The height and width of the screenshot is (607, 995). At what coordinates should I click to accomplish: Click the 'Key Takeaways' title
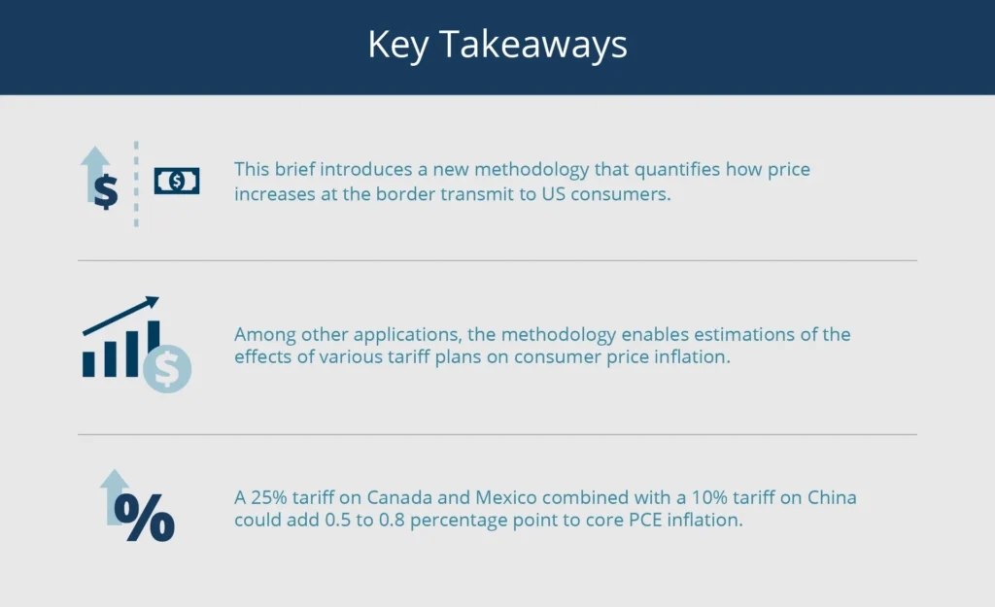[x=497, y=46]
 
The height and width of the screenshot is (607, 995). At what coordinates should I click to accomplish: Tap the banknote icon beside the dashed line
[x=177, y=181]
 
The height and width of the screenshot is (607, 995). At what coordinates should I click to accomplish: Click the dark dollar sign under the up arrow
[x=105, y=191]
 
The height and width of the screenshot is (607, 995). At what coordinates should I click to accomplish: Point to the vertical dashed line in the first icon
[x=136, y=185]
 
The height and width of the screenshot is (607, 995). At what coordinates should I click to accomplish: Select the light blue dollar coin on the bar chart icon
[x=167, y=368]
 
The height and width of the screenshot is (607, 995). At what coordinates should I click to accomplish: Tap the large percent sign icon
[x=145, y=518]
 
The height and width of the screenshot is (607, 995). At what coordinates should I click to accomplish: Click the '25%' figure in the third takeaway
[x=269, y=498]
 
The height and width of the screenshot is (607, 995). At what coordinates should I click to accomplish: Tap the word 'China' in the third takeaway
[x=831, y=498]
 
